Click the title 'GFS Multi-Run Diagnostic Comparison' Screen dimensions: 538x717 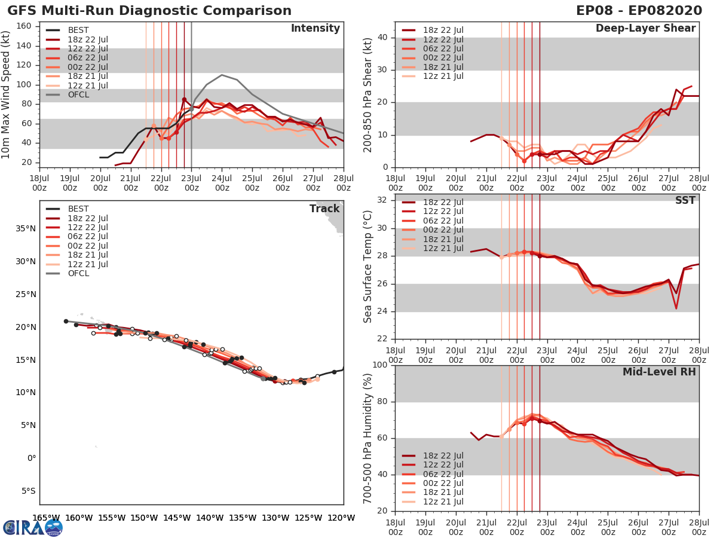click(149, 11)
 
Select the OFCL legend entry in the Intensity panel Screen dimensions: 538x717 click(78, 94)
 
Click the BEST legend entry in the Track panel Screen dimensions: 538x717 click(78, 209)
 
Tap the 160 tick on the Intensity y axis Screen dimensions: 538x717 click(26, 26)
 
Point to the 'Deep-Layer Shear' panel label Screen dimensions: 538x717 click(645, 29)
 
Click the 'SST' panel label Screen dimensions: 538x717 click(685, 200)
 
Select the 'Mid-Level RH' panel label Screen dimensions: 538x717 click(659, 372)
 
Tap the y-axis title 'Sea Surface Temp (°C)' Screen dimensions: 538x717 click(368, 267)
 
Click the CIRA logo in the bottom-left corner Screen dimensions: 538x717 click(32, 527)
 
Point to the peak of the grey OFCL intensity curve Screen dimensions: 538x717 click(222, 75)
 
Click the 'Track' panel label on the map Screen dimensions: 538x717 click(324, 209)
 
